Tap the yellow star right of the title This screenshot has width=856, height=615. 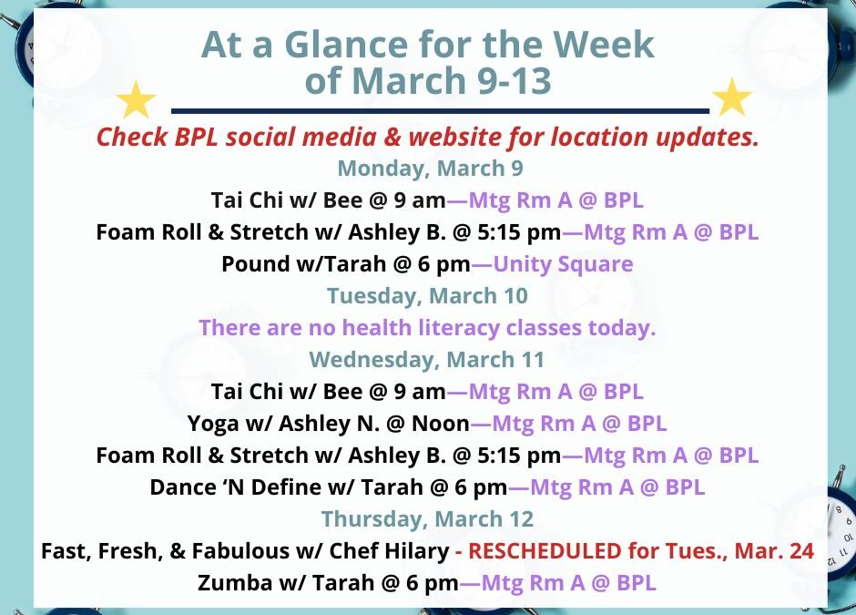coord(731,97)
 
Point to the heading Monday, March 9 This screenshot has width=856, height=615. coord(429,169)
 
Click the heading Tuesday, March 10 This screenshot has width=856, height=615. coord(427,296)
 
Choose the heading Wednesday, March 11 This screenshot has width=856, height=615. coord(427,360)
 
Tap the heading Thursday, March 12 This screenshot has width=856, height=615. coord(427,518)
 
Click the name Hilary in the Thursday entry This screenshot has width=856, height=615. coord(417,550)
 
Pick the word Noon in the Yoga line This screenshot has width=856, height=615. coord(442,424)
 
